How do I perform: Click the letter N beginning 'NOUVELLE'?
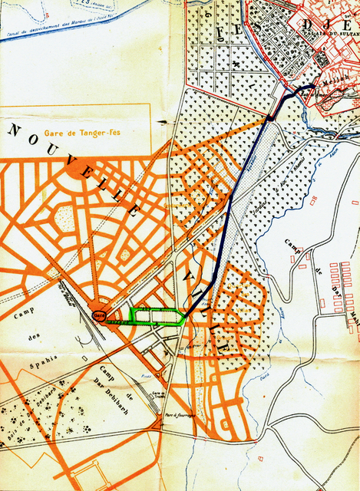(15, 130)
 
